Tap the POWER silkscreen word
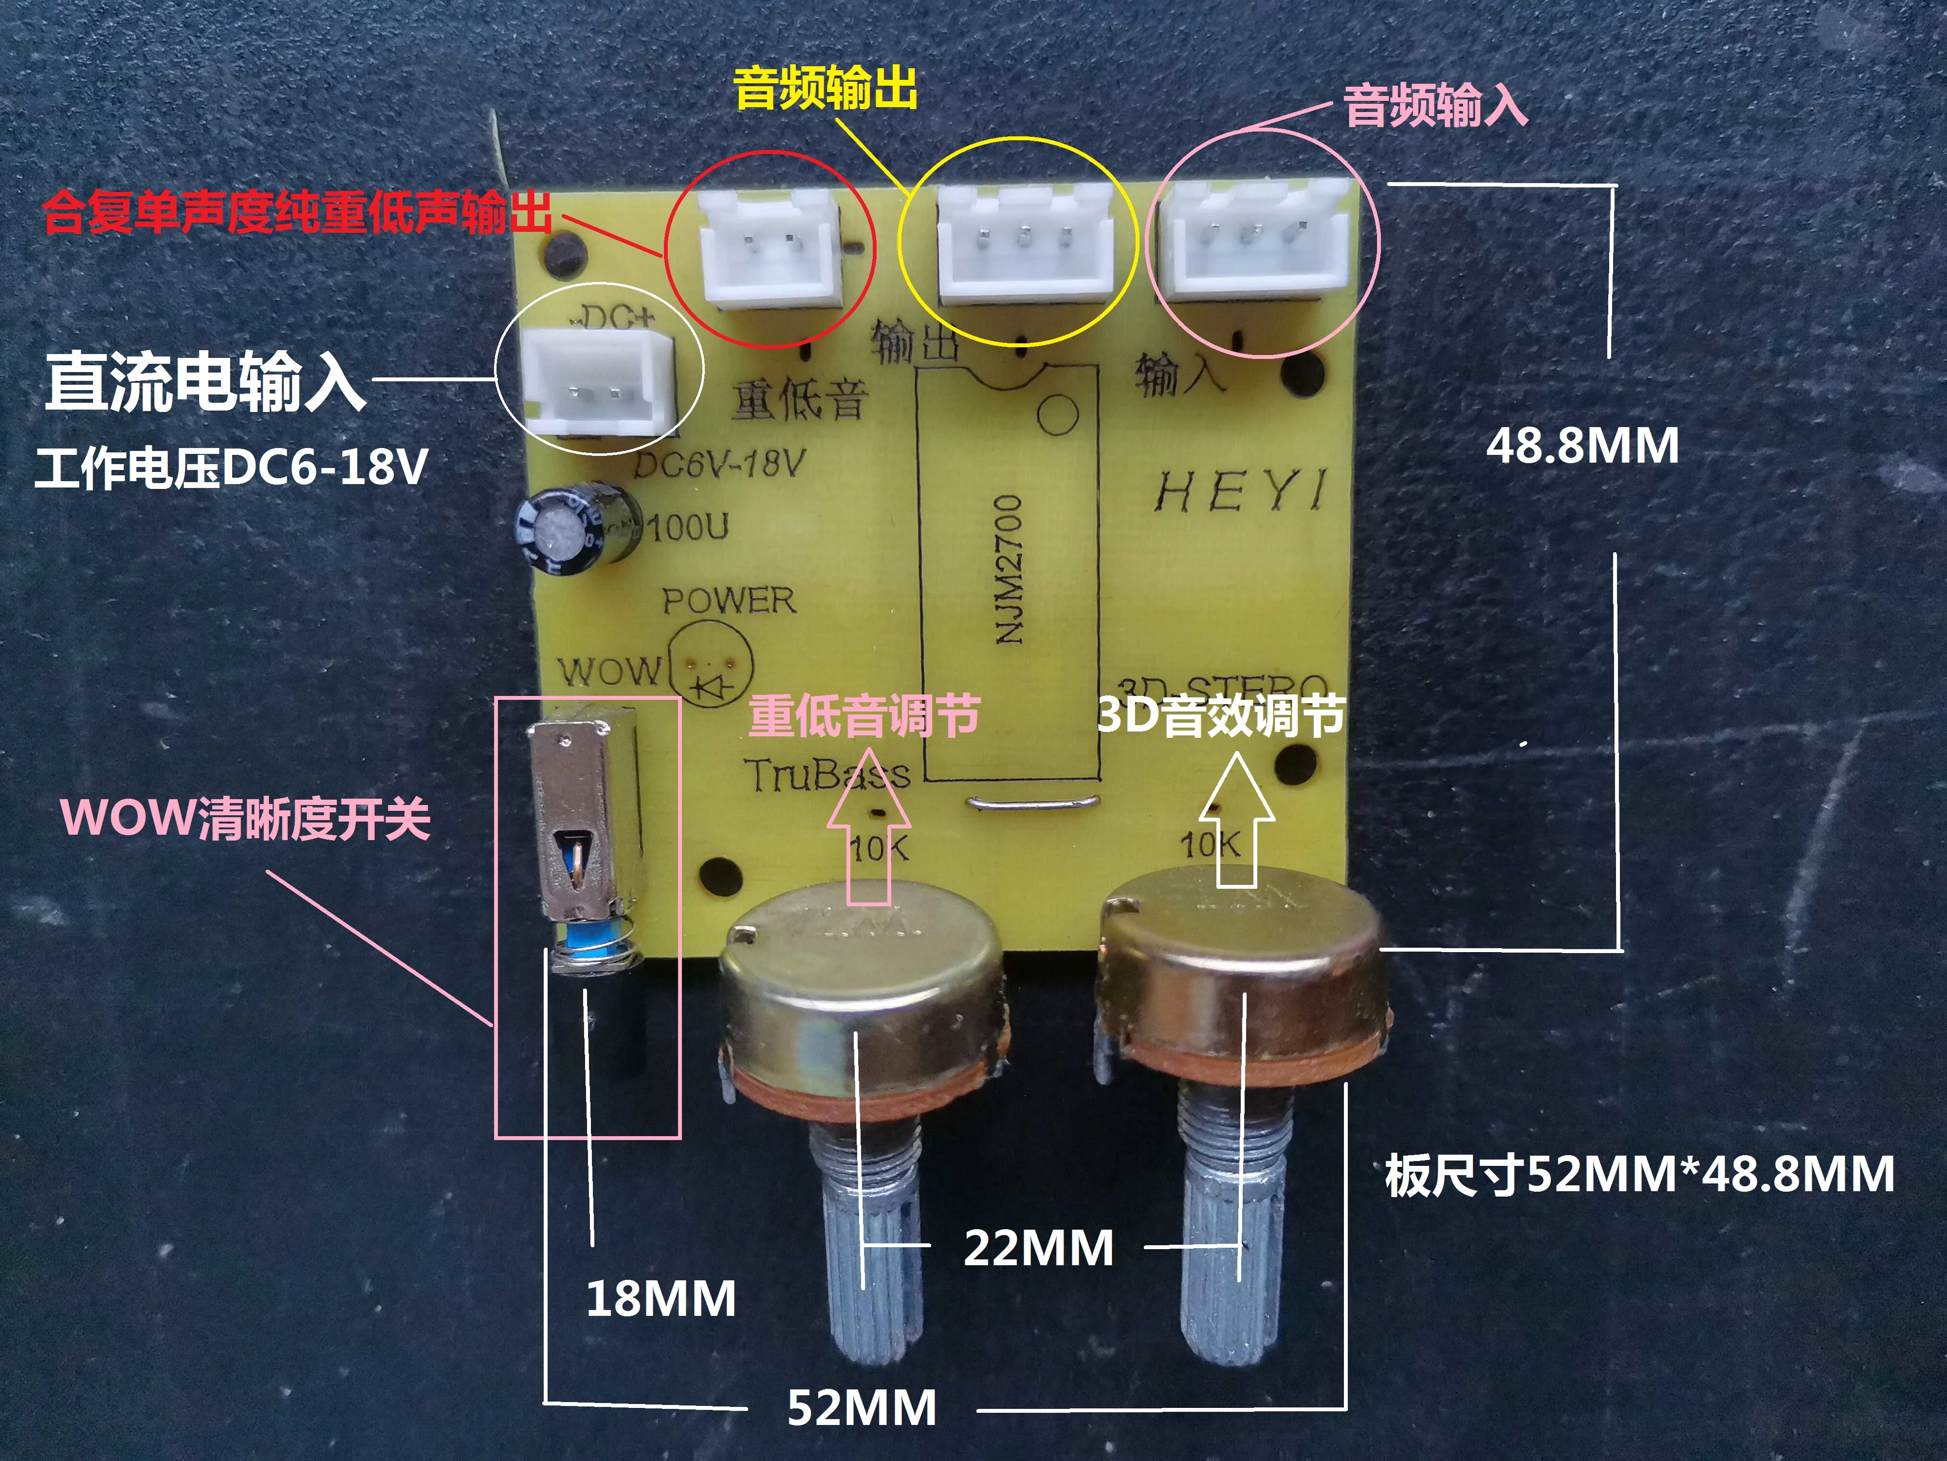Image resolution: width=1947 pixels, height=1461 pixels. point(729,601)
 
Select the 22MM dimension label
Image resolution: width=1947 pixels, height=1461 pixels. point(1039,1248)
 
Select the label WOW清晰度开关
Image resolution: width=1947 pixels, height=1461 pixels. point(246,819)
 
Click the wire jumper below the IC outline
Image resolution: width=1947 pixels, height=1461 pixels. point(1031,802)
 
